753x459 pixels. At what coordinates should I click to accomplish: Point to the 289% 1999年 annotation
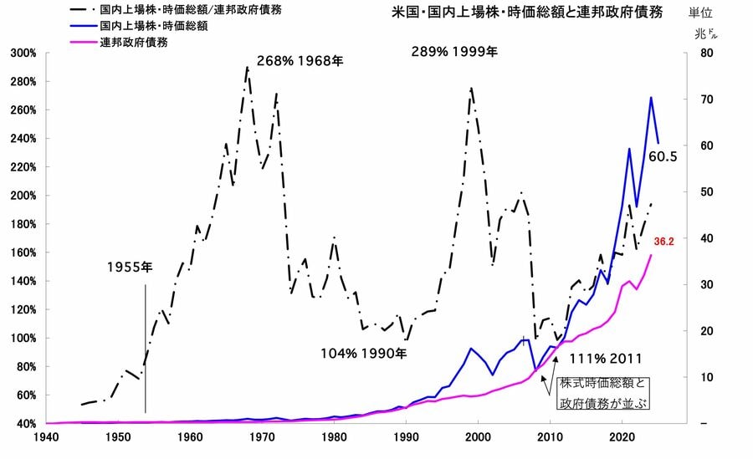(453, 51)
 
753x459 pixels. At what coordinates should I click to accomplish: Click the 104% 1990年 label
(363, 353)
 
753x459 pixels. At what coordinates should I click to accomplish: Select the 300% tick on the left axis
(23, 54)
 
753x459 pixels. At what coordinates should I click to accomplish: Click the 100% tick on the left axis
(23, 338)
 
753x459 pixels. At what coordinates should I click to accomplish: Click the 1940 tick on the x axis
(46, 437)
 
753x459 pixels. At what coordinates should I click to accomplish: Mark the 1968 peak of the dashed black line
(247, 67)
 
